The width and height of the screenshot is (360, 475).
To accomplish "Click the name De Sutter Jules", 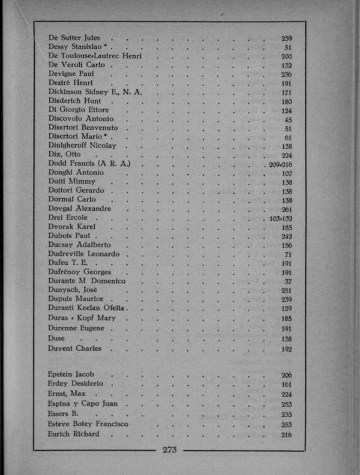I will [74, 38].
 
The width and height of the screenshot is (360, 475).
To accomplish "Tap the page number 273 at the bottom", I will [169, 449].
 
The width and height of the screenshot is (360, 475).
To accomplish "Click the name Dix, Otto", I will [64, 154].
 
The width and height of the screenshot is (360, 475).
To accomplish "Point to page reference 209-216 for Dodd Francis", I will [280, 163].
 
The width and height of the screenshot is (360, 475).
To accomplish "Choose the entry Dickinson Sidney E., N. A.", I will [92, 92].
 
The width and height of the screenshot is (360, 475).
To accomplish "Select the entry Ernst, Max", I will [67, 394].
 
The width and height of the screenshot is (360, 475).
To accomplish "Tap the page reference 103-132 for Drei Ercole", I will [280, 219].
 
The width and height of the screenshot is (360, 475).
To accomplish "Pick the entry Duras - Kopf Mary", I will [82, 318].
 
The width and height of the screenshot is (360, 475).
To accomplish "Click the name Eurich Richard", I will [74, 434].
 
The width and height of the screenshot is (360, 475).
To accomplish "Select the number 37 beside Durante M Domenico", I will [287, 281].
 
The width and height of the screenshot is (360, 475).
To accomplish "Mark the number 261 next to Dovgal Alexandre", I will [286, 209].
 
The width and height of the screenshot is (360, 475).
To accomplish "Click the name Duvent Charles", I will [75, 348].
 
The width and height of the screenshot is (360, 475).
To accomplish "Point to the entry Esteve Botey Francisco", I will [88, 424].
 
